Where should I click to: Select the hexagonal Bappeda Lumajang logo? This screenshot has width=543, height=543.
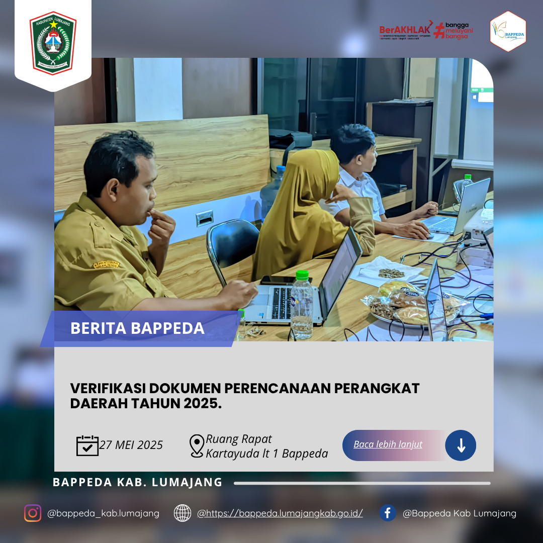pos(508,32)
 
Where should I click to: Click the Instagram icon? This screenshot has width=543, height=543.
pos(33,513)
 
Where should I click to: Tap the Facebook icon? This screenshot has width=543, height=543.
pos(387,513)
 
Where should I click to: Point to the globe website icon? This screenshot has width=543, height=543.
pos(183,513)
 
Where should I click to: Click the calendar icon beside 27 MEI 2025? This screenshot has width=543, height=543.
pos(87,445)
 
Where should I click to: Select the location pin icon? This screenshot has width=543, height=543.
pos(197,445)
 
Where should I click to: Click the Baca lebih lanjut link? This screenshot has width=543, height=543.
pos(388,444)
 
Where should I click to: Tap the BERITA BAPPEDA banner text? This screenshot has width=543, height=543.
pos(137,328)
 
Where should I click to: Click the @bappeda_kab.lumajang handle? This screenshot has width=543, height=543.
pos(103,513)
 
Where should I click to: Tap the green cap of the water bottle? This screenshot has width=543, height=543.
pos(302,275)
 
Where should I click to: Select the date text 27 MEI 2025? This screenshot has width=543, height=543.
pos(131,445)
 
